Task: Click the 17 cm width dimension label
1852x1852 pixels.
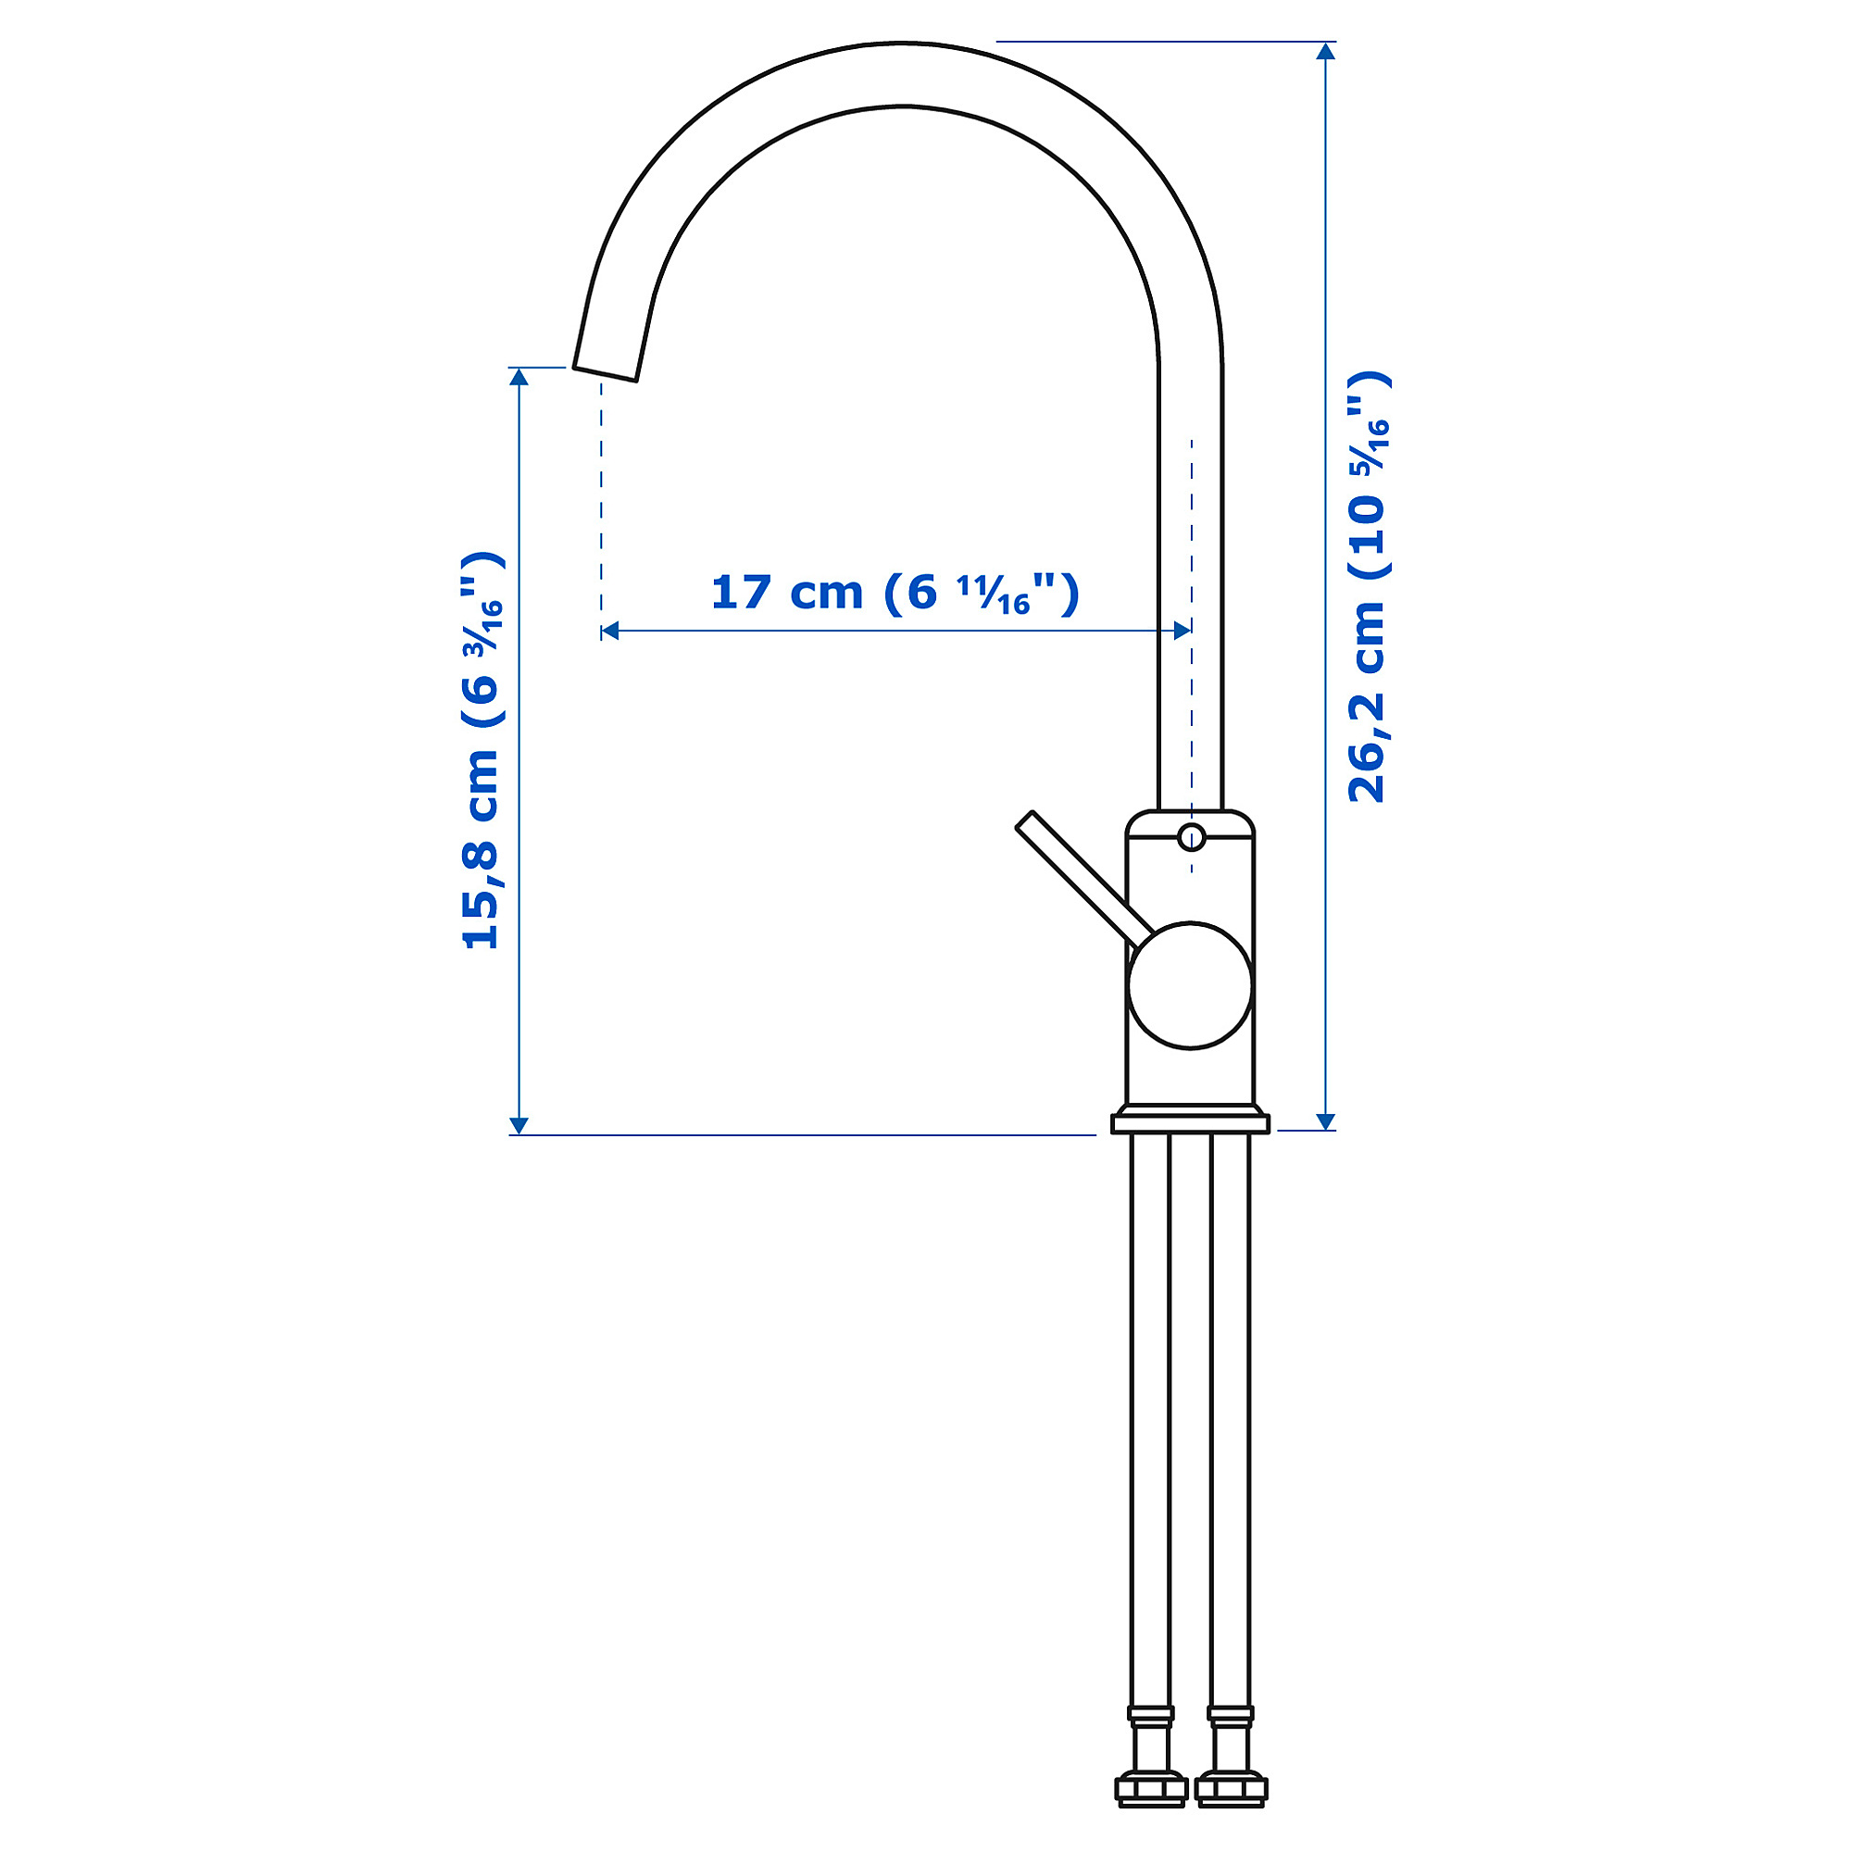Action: click(x=895, y=594)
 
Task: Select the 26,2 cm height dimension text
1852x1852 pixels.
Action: click(x=1368, y=587)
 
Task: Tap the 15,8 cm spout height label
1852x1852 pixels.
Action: click(x=482, y=751)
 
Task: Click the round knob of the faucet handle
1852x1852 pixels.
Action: click(x=1190, y=985)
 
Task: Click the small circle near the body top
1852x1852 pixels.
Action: click(x=1191, y=838)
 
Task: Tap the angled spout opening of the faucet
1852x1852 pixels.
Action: click(x=605, y=373)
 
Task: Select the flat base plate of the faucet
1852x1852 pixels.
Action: click(x=1190, y=1123)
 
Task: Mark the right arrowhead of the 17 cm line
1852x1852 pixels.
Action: click(x=1182, y=630)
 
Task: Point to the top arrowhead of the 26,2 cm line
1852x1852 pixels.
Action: click(x=1326, y=51)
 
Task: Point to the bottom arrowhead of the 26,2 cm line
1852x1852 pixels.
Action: click(x=1326, y=1121)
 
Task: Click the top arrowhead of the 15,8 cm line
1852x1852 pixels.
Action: click(x=519, y=377)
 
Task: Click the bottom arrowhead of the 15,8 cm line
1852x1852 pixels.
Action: click(x=519, y=1125)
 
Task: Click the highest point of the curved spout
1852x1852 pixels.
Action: click(x=901, y=44)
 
